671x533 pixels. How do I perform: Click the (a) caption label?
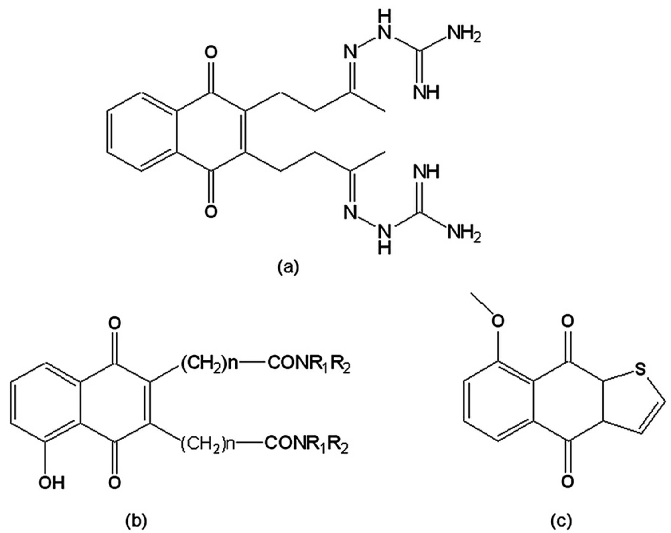tap(288, 268)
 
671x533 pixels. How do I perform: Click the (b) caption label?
tap(136, 521)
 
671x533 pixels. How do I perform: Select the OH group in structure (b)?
tap(52, 491)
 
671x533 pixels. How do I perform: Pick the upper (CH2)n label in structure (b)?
tap(209, 364)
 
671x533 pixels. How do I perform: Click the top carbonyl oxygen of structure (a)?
tap(211, 53)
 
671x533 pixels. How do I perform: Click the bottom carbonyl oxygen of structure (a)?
tap(211, 212)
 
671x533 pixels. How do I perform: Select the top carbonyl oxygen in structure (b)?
tap(115, 324)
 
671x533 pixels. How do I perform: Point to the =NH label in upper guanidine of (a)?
tap(426, 93)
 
